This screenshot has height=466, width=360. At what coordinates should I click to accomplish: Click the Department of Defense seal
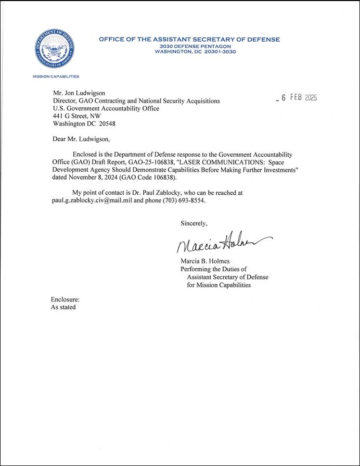coord(52,51)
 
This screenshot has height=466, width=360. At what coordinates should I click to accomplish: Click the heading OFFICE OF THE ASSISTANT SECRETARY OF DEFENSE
coord(189,40)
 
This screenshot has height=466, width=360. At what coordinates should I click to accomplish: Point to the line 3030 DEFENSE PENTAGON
coord(195,46)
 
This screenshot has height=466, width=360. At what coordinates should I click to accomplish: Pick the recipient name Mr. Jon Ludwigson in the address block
coord(79,93)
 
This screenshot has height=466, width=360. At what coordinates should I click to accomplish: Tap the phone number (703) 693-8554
coord(178,200)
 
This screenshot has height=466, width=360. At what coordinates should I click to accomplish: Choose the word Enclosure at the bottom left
coord(65,299)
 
